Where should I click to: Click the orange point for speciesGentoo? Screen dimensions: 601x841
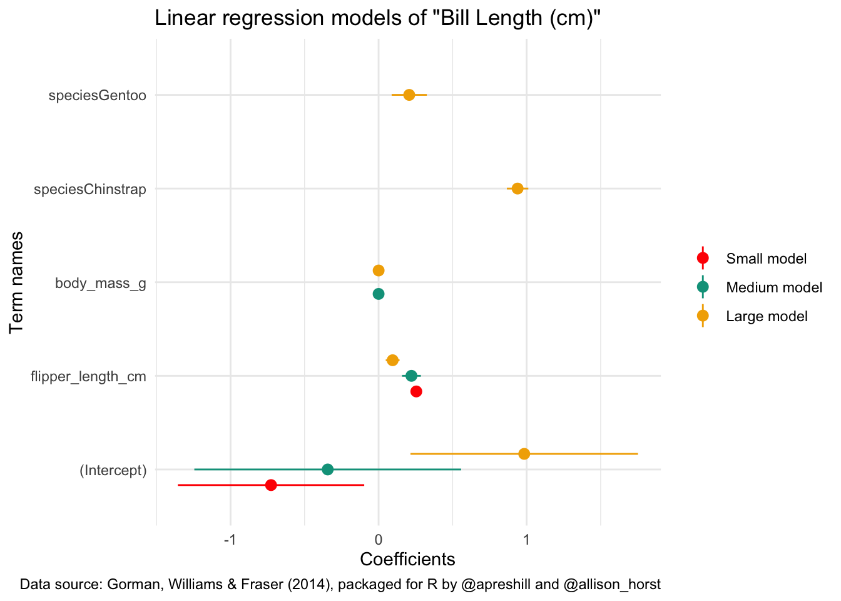click(x=409, y=95)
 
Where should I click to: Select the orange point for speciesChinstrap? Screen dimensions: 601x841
click(x=517, y=188)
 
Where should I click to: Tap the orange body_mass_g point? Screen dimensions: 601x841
click(x=379, y=270)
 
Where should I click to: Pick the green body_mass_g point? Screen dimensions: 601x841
click(x=379, y=294)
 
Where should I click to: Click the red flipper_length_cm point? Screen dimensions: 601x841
click(x=416, y=391)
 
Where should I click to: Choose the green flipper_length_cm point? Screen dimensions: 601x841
click(x=411, y=376)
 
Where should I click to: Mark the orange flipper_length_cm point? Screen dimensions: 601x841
click(x=392, y=360)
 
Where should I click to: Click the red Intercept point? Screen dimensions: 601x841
click(x=271, y=485)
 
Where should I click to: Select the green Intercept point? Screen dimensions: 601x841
click(x=327, y=470)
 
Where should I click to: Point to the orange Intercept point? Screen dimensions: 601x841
click(x=524, y=454)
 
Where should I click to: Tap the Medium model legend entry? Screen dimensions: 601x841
click(x=773, y=287)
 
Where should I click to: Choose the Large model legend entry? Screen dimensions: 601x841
click(x=767, y=316)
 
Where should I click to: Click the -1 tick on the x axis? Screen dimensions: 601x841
click(x=230, y=540)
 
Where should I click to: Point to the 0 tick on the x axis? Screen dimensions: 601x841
click(x=379, y=540)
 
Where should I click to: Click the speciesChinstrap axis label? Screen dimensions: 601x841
click(x=90, y=189)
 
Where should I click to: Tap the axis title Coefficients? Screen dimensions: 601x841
click(x=407, y=559)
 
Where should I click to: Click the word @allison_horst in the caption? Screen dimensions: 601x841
click(x=612, y=585)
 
